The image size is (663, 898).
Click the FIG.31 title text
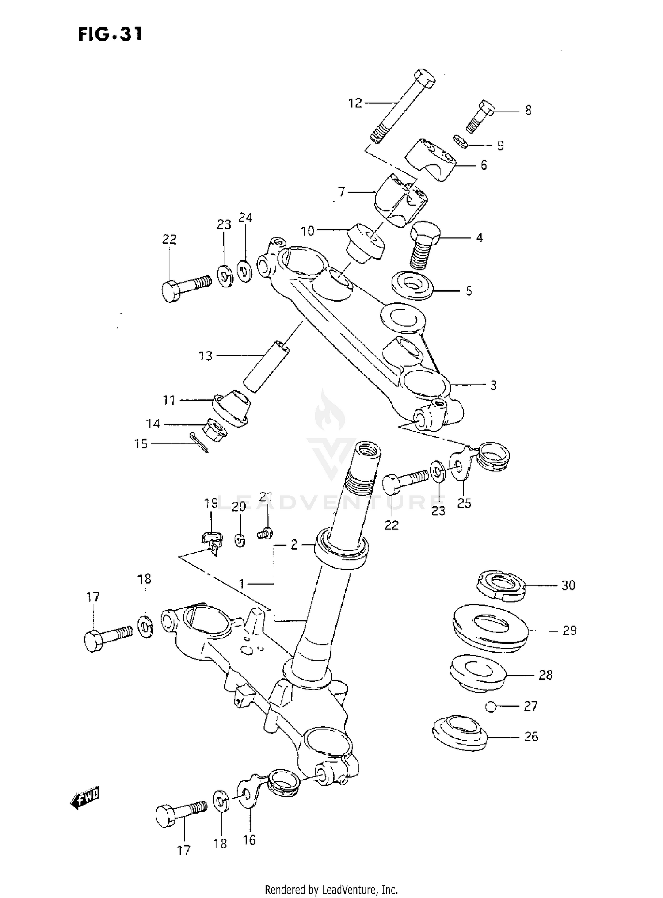tap(110, 34)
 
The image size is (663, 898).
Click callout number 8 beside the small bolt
tap(528, 110)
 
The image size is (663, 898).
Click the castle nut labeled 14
tap(216, 429)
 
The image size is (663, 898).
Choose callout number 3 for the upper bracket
tap(493, 385)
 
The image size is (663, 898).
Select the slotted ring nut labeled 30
tap(501, 585)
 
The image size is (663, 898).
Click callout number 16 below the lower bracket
tap(249, 840)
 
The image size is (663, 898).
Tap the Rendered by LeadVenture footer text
tap(331, 889)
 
